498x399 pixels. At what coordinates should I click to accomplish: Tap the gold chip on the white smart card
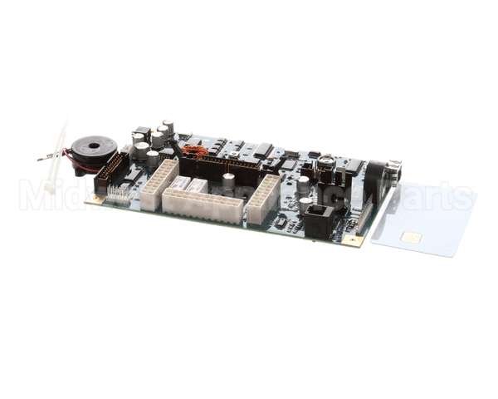coord(410,238)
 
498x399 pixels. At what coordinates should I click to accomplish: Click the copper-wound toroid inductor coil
coord(195,151)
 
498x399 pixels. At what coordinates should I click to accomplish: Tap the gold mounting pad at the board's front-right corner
coord(356,241)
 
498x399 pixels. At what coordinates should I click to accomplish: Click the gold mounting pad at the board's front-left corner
coord(99,199)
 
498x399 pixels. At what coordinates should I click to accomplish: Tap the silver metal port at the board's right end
coord(393,170)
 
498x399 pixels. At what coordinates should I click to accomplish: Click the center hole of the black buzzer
coord(93,148)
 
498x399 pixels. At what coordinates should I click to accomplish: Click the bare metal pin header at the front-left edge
coord(120,196)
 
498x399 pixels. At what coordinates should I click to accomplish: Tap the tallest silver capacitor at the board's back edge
coord(168,127)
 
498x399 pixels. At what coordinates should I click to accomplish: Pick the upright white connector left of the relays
coord(159,184)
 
